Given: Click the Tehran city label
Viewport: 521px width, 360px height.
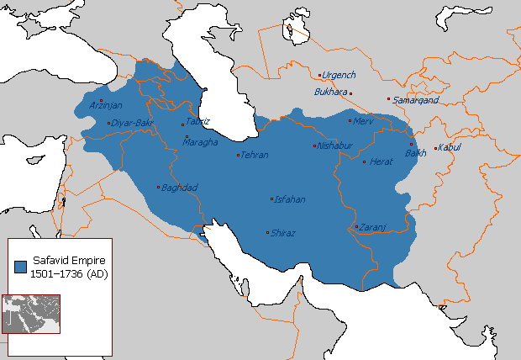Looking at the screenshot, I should (x=255, y=155).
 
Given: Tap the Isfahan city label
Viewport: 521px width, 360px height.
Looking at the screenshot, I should (x=288, y=199).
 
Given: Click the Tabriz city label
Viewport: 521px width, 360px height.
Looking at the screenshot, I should (x=197, y=121).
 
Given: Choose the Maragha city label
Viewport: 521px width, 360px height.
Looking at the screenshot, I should (x=201, y=141).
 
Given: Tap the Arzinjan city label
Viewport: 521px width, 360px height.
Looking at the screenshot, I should (x=106, y=105).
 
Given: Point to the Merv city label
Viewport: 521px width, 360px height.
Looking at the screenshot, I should (x=364, y=121).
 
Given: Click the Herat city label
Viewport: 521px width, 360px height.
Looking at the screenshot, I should (x=381, y=161).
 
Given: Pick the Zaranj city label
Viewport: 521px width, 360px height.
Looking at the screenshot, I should (x=372, y=227).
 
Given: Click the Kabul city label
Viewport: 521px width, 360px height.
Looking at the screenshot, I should (x=450, y=149).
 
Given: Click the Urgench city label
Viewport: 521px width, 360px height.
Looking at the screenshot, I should (x=339, y=75).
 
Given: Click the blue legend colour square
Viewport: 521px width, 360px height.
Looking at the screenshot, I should (x=21, y=267).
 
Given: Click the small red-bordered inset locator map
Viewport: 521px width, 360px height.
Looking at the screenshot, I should (x=31, y=314).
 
